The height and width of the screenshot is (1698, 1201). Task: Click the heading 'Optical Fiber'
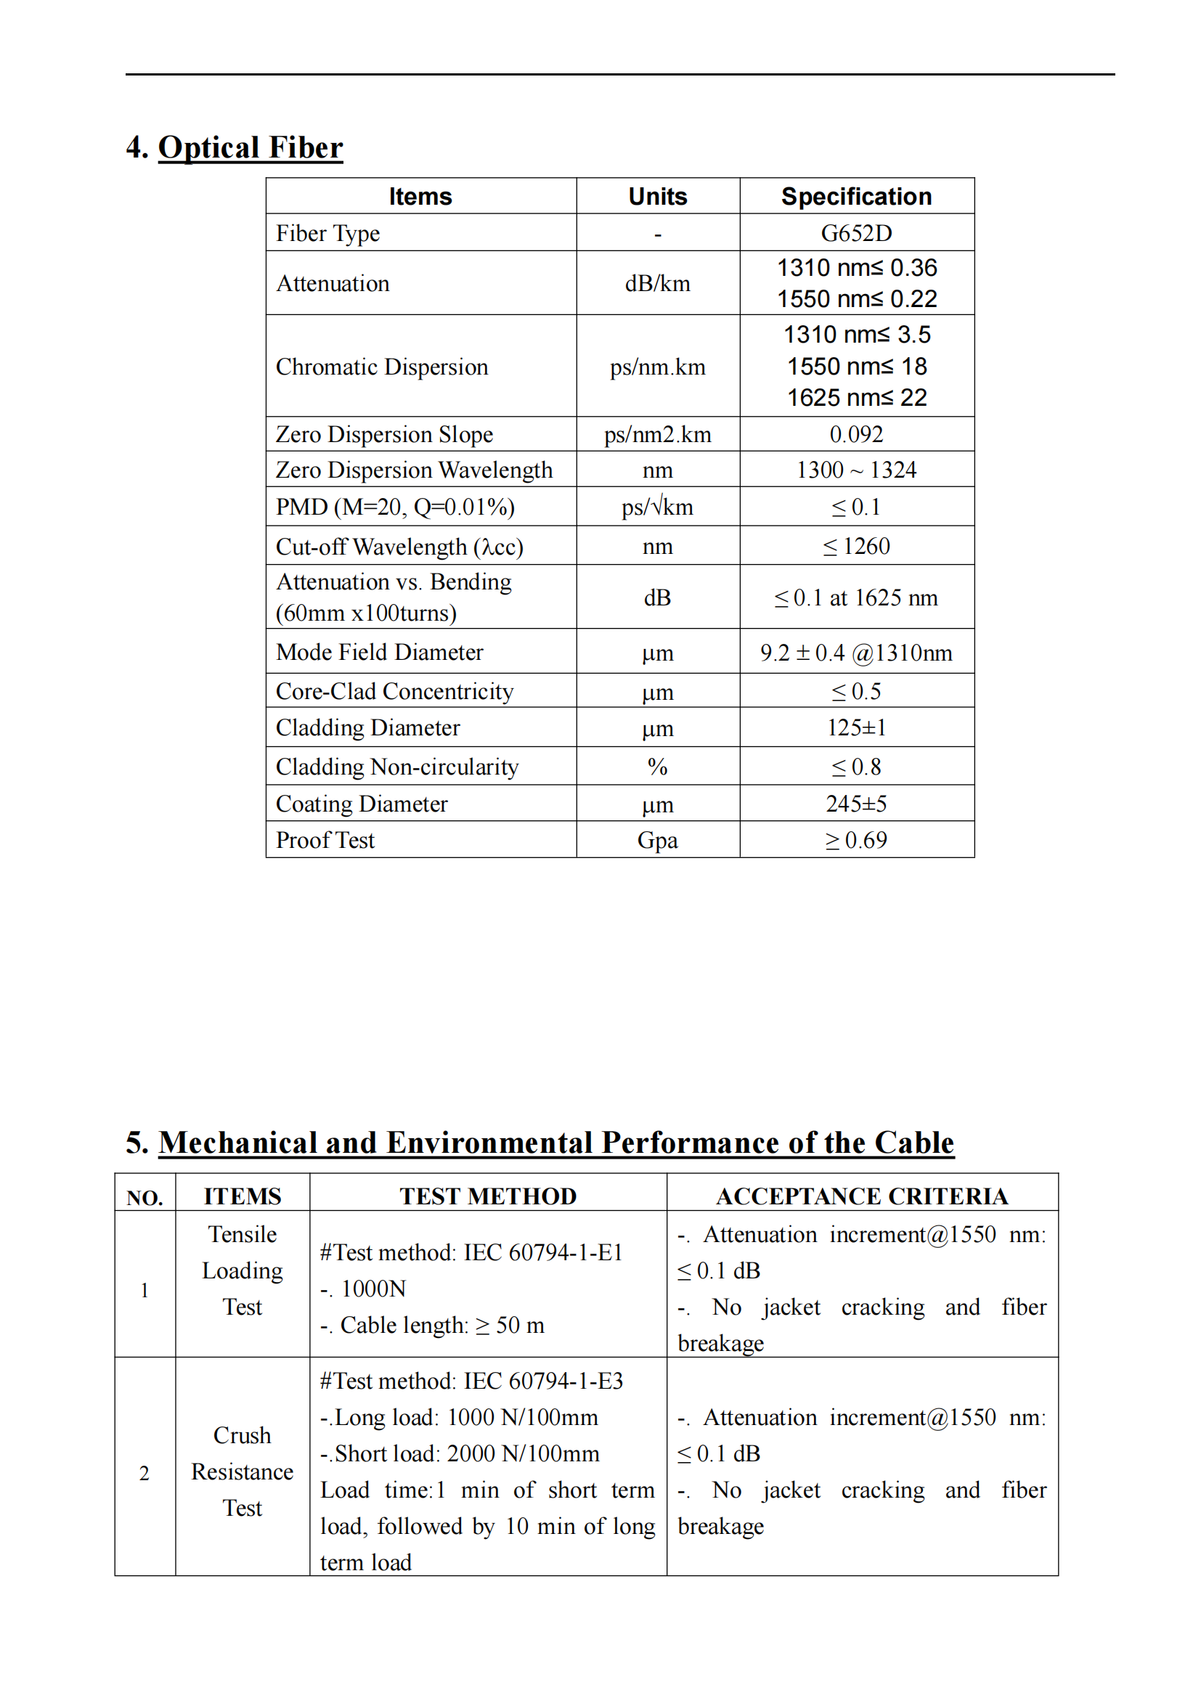pos(250,147)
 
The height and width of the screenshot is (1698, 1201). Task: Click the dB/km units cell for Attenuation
pos(656,284)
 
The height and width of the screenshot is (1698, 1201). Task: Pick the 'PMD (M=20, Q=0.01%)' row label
pos(395,507)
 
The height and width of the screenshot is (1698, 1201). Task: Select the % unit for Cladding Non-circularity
pos(656,767)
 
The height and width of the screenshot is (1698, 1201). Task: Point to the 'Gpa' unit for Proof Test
pos(656,841)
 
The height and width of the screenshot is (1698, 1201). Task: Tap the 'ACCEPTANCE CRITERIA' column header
pos(862,1196)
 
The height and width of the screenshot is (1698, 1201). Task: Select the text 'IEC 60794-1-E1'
pos(543,1253)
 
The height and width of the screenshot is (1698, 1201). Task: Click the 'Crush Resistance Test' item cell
pos(242,1472)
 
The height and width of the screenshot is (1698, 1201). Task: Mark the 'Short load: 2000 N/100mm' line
pos(459,1454)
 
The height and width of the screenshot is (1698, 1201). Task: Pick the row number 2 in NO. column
pos(144,1474)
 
